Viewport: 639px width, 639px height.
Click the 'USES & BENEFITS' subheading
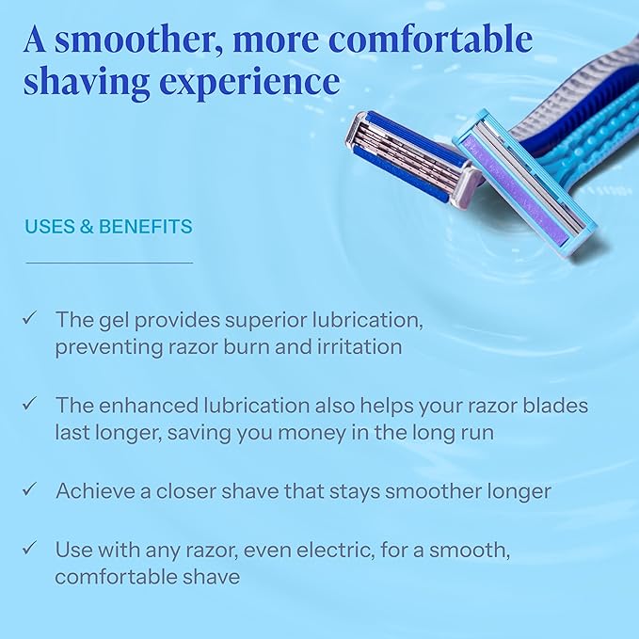[108, 227]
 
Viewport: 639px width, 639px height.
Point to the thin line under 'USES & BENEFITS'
[108, 263]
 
